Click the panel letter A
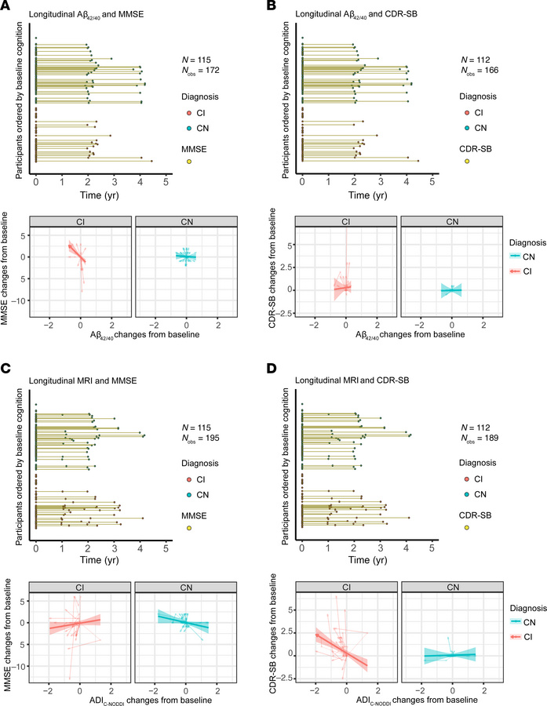coord(7,7)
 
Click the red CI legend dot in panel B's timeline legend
coord(466,113)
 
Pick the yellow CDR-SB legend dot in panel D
coord(466,528)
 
